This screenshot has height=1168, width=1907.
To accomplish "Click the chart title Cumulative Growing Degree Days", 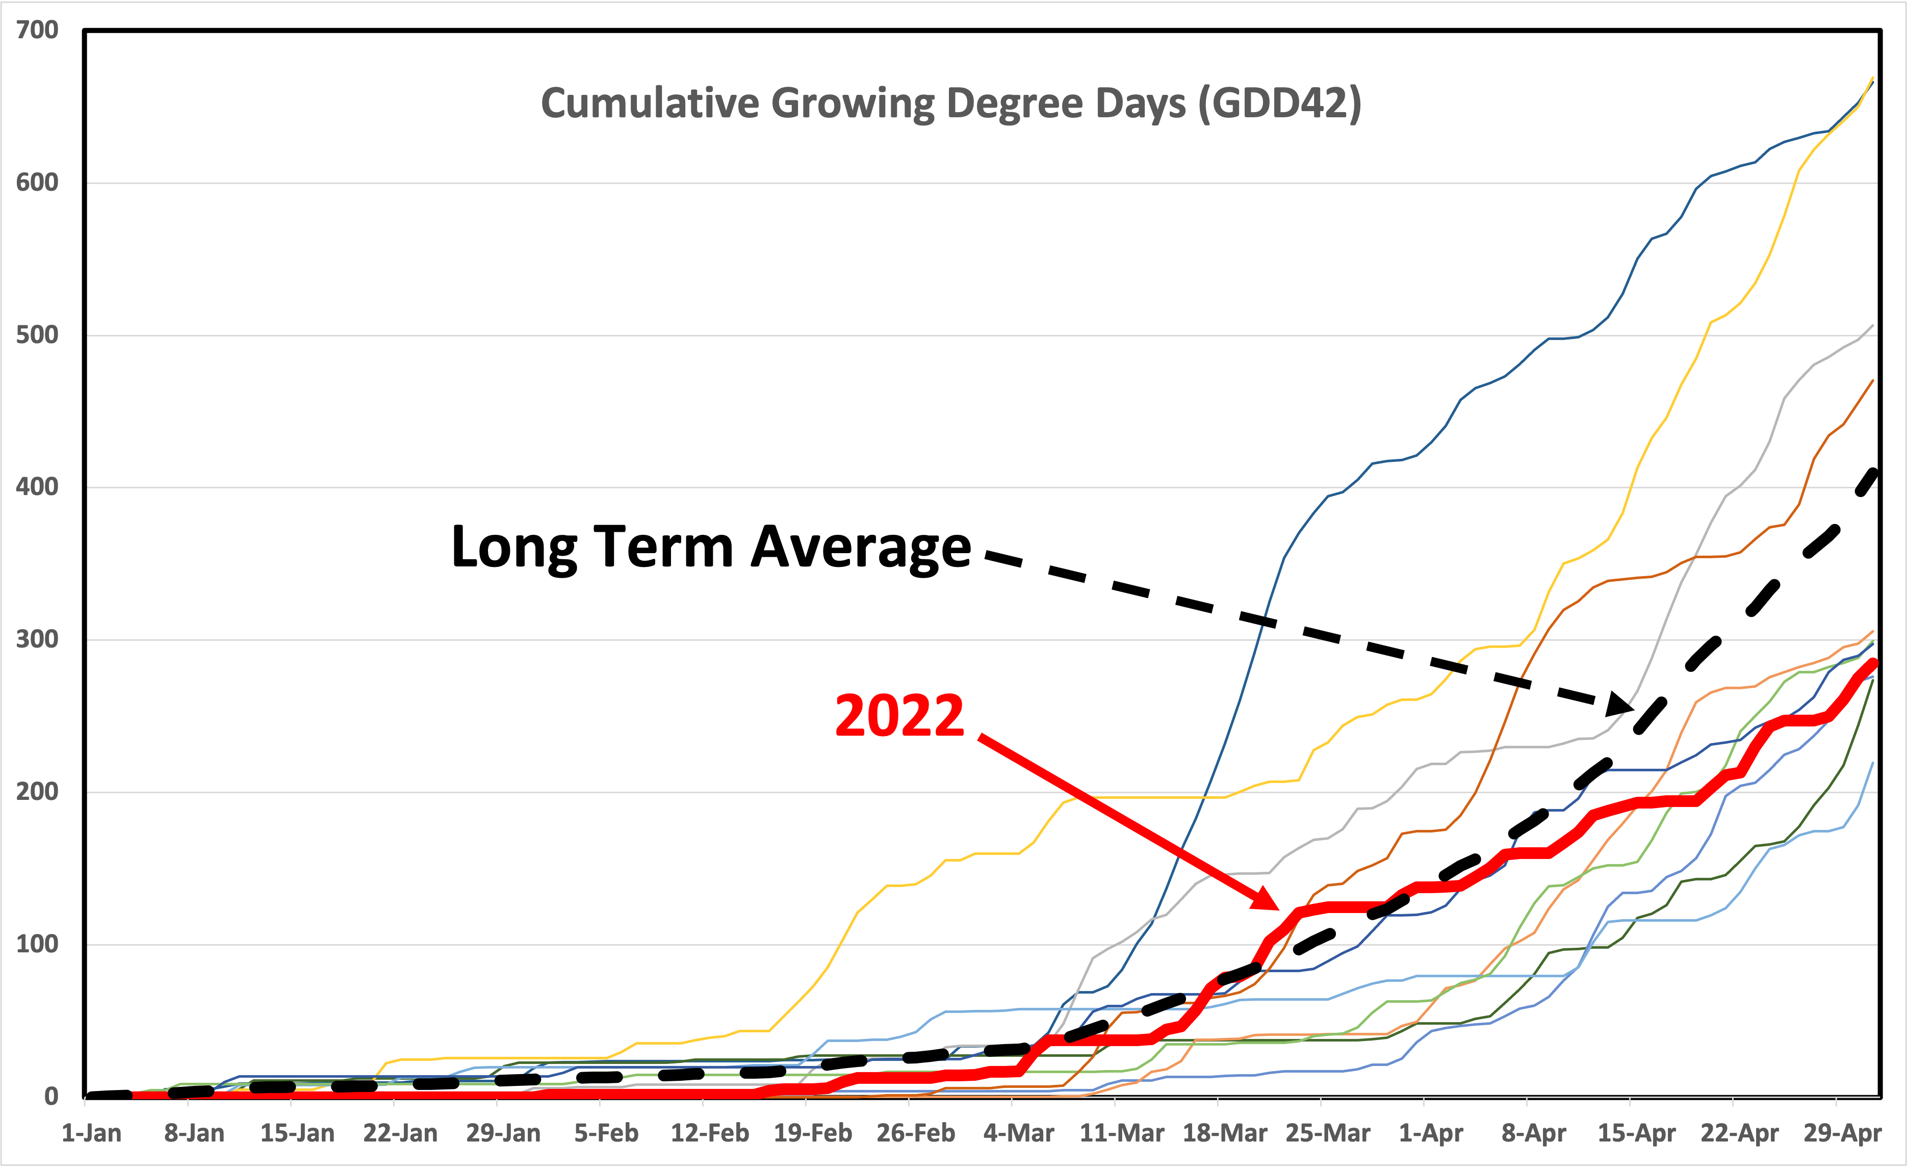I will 950,103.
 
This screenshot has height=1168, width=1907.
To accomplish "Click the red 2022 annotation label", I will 899,715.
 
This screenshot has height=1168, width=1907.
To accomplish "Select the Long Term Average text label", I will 710,547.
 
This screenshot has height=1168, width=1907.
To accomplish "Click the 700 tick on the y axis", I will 37,30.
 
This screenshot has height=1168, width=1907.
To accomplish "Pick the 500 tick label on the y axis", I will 37,335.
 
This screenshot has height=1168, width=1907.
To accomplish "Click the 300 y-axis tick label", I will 37,639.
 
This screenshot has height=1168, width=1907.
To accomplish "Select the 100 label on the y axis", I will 37,944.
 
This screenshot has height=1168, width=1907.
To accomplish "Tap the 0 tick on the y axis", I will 51,1096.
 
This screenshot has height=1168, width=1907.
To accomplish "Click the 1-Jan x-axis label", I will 91,1133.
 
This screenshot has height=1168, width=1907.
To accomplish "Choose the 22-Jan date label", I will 400,1133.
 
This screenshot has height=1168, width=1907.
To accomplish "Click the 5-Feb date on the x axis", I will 606,1133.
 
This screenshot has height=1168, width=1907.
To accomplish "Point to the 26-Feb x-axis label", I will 916,1133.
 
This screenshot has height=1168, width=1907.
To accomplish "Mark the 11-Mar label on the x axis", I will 1121,1133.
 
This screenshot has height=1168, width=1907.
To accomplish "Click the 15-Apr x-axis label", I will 1637,1133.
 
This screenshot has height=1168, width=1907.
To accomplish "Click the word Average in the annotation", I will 861,547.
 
